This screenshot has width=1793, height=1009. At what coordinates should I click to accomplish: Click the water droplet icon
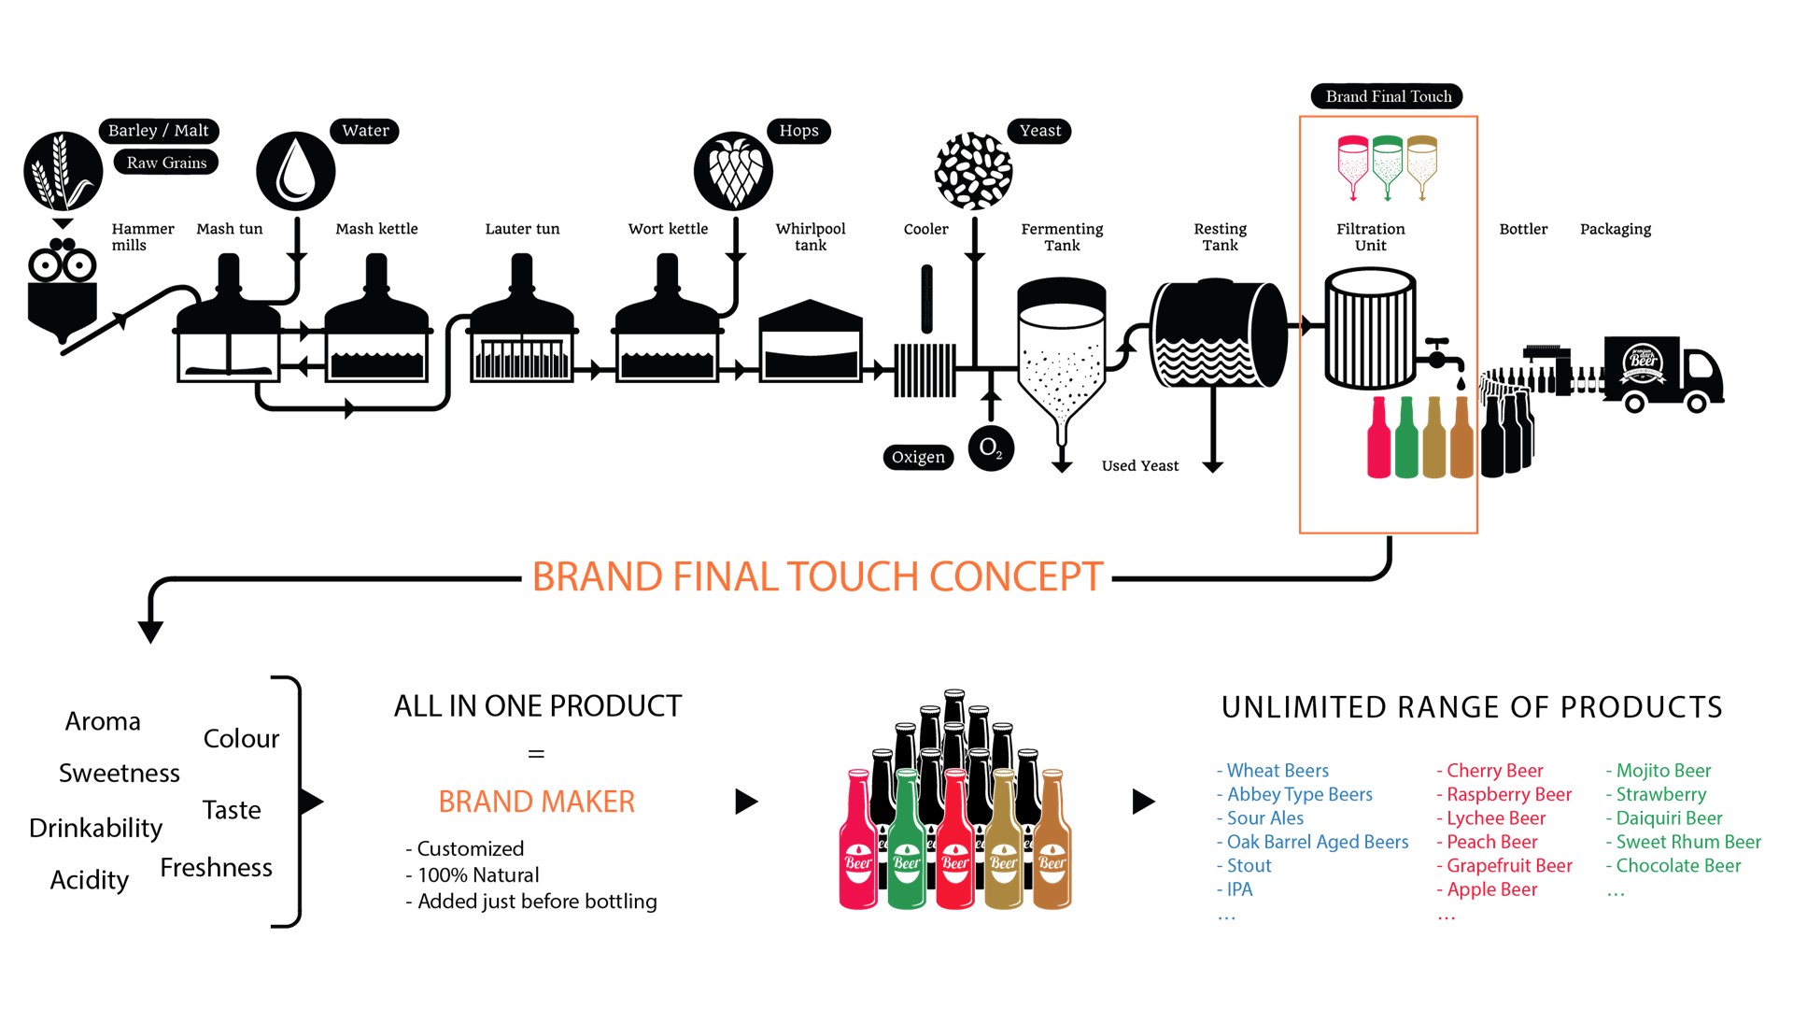(x=296, y=171)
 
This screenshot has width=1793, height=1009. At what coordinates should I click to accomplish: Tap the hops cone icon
(x=734, y=171)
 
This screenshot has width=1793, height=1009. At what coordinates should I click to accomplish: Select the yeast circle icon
(x=974, y=171)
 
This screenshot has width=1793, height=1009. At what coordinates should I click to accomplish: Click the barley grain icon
(x=64, y=171)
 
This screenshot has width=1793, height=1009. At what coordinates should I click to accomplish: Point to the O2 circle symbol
(x=991, y=448)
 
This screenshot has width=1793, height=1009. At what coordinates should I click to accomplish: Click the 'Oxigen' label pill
(x=919, y=457)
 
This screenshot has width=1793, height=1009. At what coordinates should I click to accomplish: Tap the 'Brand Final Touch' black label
(x=1388, y=96)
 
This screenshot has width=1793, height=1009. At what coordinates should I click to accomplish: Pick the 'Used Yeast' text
(x=1140, y=465)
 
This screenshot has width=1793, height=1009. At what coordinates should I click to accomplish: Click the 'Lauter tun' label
(x=522, y=229)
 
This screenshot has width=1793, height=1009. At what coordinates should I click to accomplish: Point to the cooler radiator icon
(x=925, y=371)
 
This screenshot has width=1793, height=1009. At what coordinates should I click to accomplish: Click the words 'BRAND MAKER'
(x=537, y=802)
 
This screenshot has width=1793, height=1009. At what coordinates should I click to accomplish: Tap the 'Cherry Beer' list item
(x=1489, y=771)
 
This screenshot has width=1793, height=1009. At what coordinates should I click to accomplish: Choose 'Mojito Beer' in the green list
(x=1659, y=771)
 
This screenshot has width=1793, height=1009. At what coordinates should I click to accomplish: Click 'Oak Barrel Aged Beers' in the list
(x=1312, y=842)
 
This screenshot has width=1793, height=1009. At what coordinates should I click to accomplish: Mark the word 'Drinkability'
(x=96, y=829)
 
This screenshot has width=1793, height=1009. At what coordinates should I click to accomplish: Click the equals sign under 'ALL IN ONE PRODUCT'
(x=536, y=753)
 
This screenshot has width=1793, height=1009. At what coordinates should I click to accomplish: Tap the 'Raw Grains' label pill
(x=166, y=163)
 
